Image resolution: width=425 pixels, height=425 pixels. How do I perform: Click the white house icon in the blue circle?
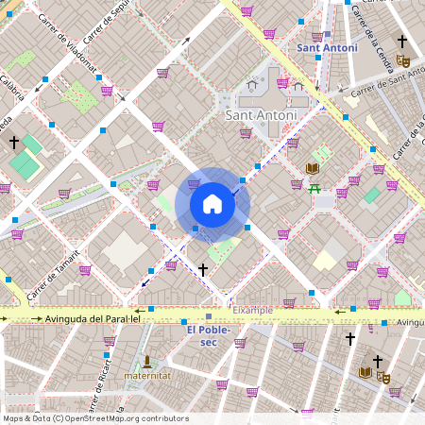tap(212, 204)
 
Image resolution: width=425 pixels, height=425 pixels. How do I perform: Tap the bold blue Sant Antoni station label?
tap(327, 47)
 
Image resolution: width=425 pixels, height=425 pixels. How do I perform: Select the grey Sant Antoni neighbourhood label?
tap(261, 115)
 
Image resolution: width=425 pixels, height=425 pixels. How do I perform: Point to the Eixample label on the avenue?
tap(253, 310)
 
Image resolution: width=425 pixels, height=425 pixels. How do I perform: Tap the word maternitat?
tap(146, 376)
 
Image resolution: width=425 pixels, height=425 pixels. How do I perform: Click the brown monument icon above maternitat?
tap(147, 361)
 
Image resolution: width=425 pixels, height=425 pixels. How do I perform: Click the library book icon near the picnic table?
tap(312, 168)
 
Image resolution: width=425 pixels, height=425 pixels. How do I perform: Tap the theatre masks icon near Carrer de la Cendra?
tap(403, 60)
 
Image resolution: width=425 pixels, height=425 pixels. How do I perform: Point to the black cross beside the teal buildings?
tap(14, 142)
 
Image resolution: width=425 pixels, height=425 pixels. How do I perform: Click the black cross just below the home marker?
tap(203, 270)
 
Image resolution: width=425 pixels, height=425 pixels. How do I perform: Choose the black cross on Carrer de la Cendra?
tap(402, 42)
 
